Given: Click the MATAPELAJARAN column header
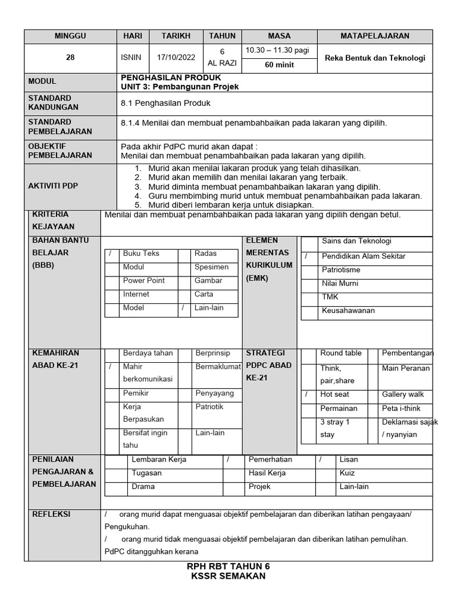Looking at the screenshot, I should (374, 36).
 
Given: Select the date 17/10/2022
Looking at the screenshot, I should (176, 58).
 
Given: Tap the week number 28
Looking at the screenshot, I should (70, 58).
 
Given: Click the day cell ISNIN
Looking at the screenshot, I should (132, 58).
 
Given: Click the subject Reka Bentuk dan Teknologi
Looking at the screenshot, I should (375, 58).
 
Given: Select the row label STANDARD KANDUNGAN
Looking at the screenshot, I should (54, 103).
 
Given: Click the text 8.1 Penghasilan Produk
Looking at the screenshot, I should (165, 103).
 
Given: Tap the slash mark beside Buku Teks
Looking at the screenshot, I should (111, 254).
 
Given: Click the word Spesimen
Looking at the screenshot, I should (211, 268).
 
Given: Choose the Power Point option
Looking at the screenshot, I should (144, 281).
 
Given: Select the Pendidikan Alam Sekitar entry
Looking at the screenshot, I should (364, 256).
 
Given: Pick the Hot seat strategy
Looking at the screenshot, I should (334, 395).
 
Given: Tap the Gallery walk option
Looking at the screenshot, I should (403, 395).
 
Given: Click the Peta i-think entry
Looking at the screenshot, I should (401, 409).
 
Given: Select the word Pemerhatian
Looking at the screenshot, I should (270, 460).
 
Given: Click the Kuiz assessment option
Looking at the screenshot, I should (347, 473).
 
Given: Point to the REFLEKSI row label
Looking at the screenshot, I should (51, 514).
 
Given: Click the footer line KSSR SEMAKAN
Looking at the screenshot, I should (228, 576).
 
